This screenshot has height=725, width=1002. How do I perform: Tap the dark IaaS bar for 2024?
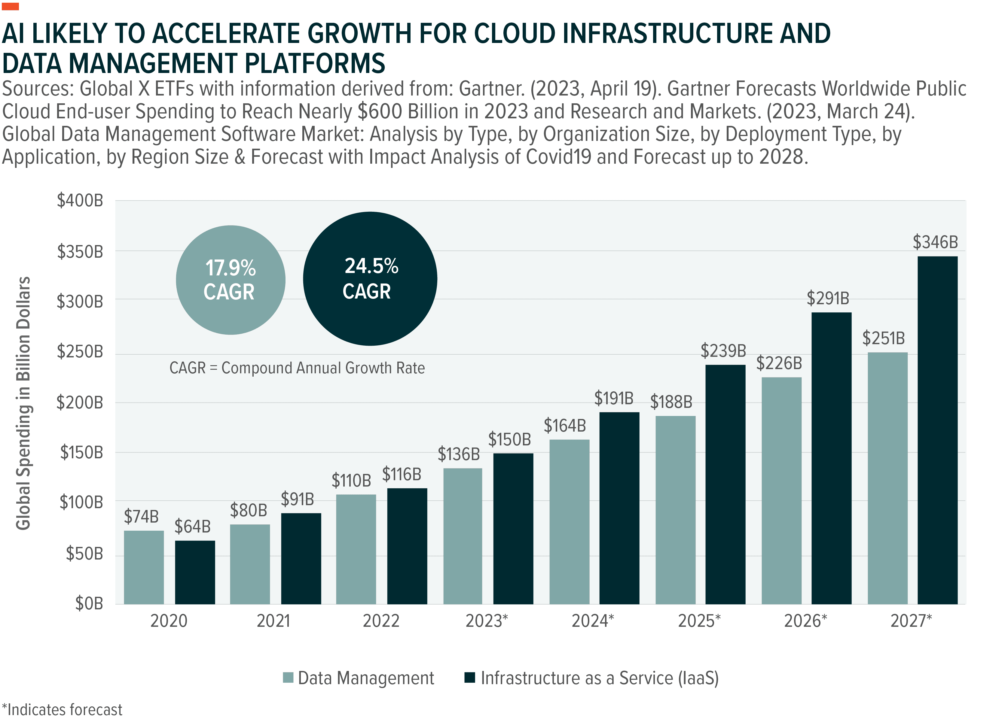pyautogui.click(x=619, y=508)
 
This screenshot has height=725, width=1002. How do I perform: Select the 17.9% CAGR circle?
pyautogui.click(x=230, y=280)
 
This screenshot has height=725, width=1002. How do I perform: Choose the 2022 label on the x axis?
pyautogui.click(x=381, y=621)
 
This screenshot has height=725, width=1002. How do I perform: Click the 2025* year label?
pyautogui.click(x=699, y=621)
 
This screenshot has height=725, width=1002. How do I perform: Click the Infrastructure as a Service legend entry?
pyautogui.click(x=591, y=678)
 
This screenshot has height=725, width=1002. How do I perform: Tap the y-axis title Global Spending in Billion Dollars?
pyautogui.click(x=23, y=403)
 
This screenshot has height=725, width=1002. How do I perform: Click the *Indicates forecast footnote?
pyautogui.click(x=62, y=710)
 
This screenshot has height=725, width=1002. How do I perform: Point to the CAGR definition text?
pyautogui.click(x=297, y=368)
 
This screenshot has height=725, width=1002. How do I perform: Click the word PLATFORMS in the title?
pyautogui.click(x=315, y=63)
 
